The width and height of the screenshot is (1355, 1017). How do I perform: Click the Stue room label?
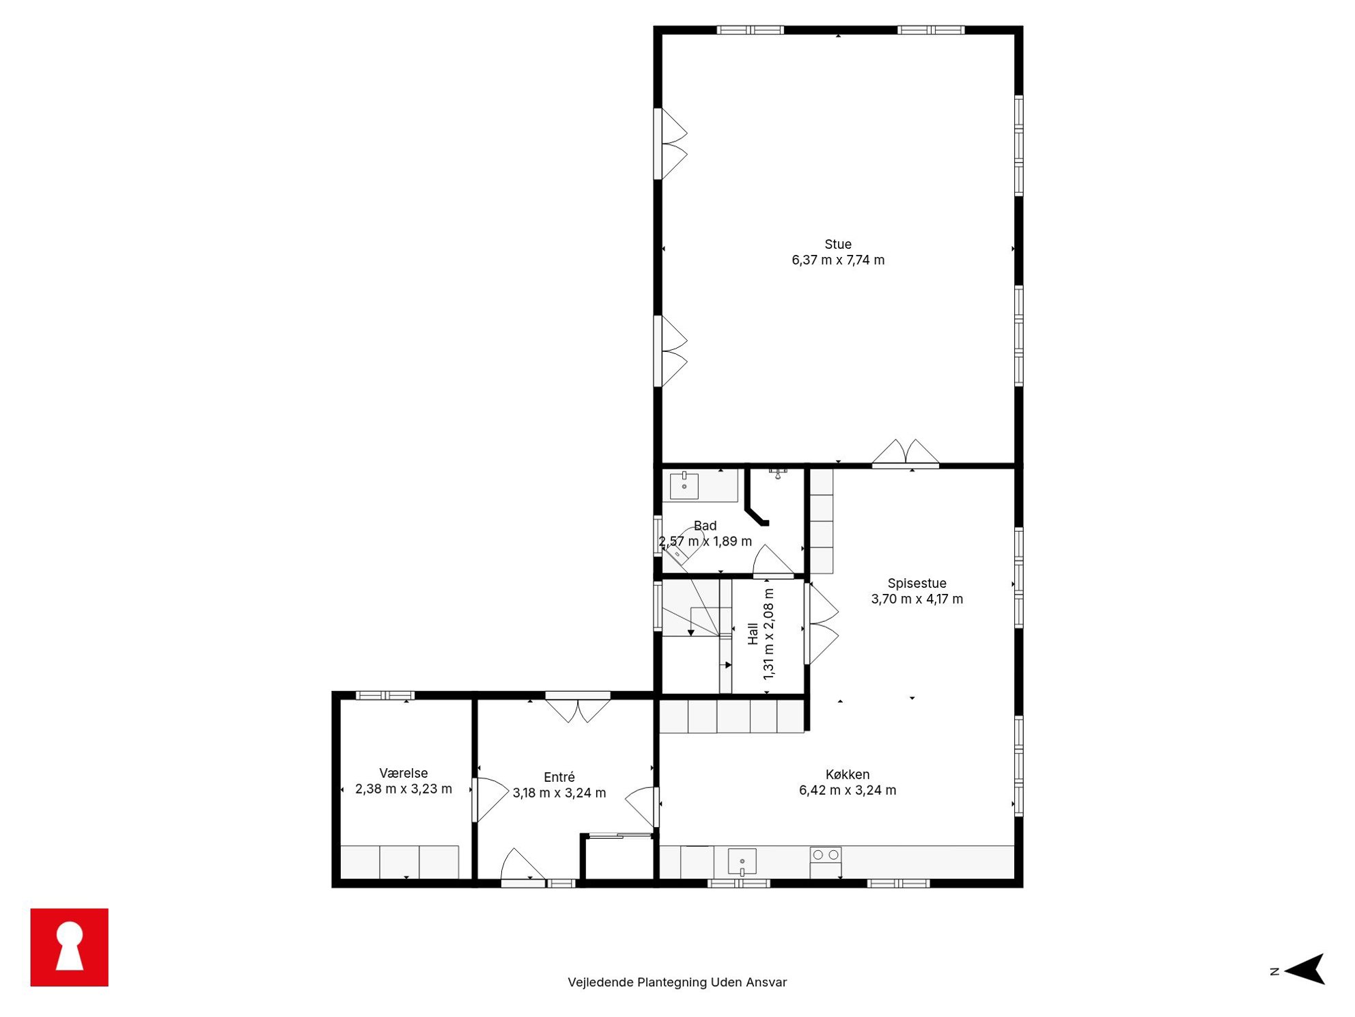click(x=837, y=244)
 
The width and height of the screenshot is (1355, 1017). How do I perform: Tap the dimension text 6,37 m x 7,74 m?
click(x=837, y=260)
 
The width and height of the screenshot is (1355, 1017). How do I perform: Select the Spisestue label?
click(x=917, y=583)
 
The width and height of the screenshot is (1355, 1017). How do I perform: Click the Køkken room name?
click(x=847, y=774)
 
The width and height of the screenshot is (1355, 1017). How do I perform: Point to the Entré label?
click(x=559, y=776)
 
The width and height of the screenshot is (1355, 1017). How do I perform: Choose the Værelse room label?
click(x=403, y=773)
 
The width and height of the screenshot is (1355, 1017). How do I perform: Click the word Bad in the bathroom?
click(x=705, y=526)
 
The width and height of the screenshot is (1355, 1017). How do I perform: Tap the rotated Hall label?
click(x=753, y=634)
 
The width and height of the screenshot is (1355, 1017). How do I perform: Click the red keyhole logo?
click(x=69, y=947)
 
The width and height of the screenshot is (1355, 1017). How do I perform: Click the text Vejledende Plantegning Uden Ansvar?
click(x=677, y=982)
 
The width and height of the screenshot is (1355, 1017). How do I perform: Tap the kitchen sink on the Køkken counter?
click(x=742, y=861)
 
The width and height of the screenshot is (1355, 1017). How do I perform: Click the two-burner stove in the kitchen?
click(x=825, y=854)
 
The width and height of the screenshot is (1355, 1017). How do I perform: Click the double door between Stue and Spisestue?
click(x=905, y=453)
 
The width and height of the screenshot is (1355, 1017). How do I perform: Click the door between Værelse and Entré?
click(x=490, y=800)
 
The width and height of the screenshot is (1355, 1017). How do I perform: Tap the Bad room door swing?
click(x=773, y=560)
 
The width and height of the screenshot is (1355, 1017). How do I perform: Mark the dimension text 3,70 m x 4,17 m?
click(x=917, y=599)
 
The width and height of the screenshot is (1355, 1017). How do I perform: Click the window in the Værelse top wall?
click(x=385, y=695)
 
